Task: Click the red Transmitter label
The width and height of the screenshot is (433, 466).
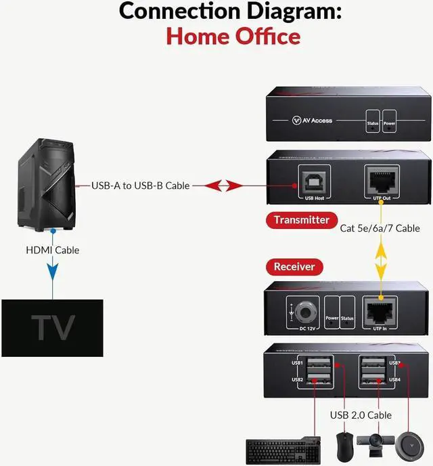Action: click(x=301, y=219)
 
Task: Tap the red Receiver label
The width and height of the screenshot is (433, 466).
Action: click(x=294, y=266)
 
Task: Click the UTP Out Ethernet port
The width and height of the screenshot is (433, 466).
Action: click(x=381, y=179)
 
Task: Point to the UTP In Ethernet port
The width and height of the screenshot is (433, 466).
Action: click(x=380, y=310)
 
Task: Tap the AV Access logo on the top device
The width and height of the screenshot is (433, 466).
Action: click(x=312, y=120)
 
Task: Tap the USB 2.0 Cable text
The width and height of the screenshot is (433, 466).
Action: click(x=361, y=415)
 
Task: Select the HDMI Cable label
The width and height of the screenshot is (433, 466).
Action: click(x=52, y=250)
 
